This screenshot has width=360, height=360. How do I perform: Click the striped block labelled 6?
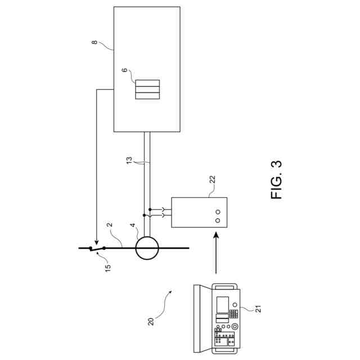click(147, 89)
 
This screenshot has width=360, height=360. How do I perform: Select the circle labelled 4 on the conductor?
click(147, 247)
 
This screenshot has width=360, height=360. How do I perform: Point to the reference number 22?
click(212, 179)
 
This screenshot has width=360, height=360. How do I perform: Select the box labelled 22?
click(199, 212)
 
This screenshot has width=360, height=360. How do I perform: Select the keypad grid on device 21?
click(232, 313)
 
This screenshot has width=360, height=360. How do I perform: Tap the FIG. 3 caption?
click(277, 181)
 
